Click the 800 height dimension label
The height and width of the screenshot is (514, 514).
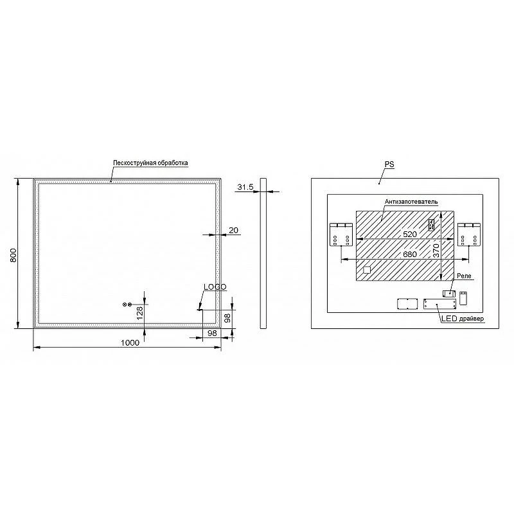13,255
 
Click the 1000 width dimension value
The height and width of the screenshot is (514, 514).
130,343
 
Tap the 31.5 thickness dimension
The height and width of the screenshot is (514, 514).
245,187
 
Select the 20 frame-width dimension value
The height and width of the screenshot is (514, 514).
233,231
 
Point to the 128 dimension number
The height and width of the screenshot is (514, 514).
140,313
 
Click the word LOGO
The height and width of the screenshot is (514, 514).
215,287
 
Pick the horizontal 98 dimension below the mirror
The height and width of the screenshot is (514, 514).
213,333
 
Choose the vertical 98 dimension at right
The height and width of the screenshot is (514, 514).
227,318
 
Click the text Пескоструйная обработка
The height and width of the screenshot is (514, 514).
150,163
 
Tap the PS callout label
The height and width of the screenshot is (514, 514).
389,164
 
